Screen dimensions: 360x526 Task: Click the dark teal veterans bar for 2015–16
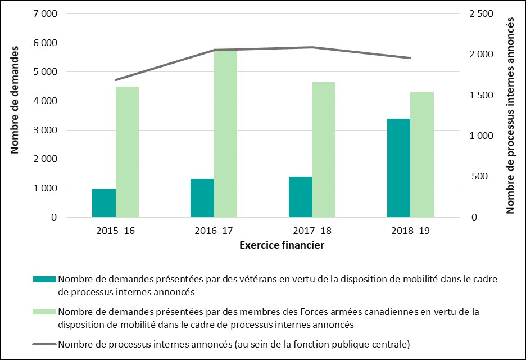click(103, 203)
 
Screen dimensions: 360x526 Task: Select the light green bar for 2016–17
click(225, 133)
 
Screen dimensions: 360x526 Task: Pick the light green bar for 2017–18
click(324, 150)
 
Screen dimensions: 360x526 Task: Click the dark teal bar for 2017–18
click(300, 197)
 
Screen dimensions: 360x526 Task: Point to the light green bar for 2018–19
click(422, 154)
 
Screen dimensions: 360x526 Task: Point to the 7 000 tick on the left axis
click(46, 13)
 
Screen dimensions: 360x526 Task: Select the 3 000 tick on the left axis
click(46, 130)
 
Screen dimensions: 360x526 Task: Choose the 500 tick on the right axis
click(481, 177)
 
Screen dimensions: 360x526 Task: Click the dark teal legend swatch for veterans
click(44, 279)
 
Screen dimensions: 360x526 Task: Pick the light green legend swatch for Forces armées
click(44, 312)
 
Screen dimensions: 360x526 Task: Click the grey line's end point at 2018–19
click(410, 58)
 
